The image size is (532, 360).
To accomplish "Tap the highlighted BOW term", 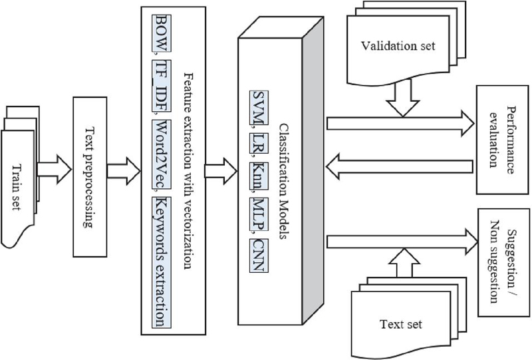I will (x=160, y=33).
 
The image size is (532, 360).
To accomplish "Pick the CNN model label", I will (x=256, y=245).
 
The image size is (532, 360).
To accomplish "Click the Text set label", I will (x=400, y=324).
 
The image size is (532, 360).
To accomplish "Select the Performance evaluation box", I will (x=498, y=141).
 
